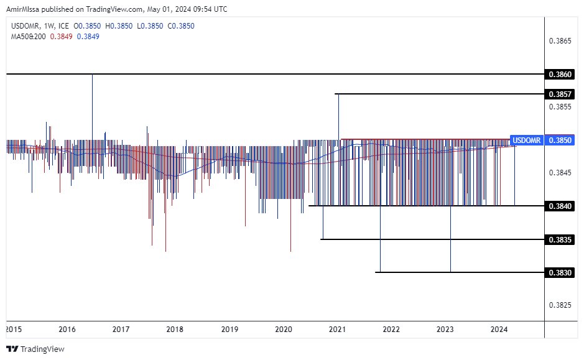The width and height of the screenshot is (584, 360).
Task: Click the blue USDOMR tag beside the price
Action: point(526,140)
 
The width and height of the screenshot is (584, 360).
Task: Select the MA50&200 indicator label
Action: point(28,37)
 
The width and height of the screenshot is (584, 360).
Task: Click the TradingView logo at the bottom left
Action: point(36,349)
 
